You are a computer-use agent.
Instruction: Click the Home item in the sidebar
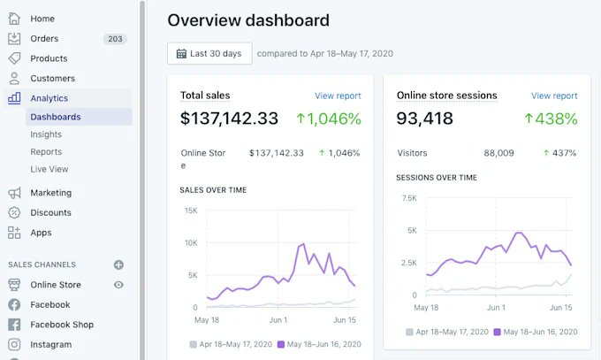tap(42, 19)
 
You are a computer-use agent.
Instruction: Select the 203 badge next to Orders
tap(115, 39)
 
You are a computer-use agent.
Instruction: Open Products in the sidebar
tap(49, 58)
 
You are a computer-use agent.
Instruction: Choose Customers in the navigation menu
tap(52, 79)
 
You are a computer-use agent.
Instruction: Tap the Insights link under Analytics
tap(46, 134)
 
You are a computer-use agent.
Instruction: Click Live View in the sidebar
tap(49, 169)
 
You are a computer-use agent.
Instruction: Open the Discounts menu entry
tap(50, 212)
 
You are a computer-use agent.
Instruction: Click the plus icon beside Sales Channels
tap(118, 264)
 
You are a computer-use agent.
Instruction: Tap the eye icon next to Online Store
tap(118, 285)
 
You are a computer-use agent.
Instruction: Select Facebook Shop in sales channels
tap(61, 325)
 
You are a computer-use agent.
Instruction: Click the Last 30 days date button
tap(209, 53)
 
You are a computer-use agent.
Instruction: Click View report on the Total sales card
tap(338, 96)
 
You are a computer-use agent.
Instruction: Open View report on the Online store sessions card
tap(554, 96)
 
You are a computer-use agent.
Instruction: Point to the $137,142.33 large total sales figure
tap(229, 119)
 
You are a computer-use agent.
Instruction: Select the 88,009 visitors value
tap(498, 153)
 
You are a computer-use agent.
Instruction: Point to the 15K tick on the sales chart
tap(190, 211)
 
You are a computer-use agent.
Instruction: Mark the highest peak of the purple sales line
tap(303, 243)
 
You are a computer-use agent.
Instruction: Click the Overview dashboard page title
tap(248, 20)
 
